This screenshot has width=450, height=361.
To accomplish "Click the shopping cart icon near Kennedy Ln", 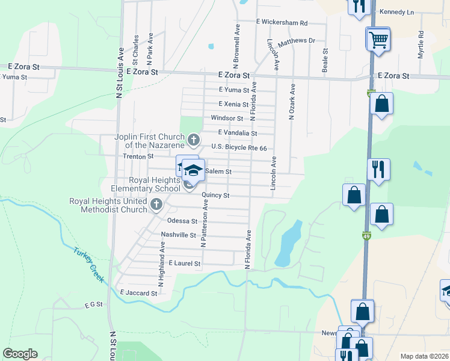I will (x=378, y=40).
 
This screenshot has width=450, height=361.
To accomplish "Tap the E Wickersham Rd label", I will (x=282, y=23).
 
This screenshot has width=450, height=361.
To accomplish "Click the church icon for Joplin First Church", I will (x=194, y=141).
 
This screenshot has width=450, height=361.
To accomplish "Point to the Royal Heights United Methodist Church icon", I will (x=156, y=204).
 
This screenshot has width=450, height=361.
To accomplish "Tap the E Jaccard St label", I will (x=138, y=293).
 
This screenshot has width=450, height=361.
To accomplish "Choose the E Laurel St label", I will (x=184, y=264).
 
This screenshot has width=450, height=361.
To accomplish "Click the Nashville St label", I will (x=179, y=235).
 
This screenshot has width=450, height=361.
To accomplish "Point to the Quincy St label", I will (x=215, y=196).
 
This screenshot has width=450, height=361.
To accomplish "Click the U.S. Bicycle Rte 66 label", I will (x=239, y=147).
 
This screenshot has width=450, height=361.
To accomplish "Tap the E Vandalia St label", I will (x=238, y=133).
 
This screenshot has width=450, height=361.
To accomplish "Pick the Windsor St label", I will (x=226, y=119).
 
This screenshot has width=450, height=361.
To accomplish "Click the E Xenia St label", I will (x=234, y=104).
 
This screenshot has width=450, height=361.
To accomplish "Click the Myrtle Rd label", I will (x=421, y=45).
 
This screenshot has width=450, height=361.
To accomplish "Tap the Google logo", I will (x=20, y=354).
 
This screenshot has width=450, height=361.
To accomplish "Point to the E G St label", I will (x=94, y=306).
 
